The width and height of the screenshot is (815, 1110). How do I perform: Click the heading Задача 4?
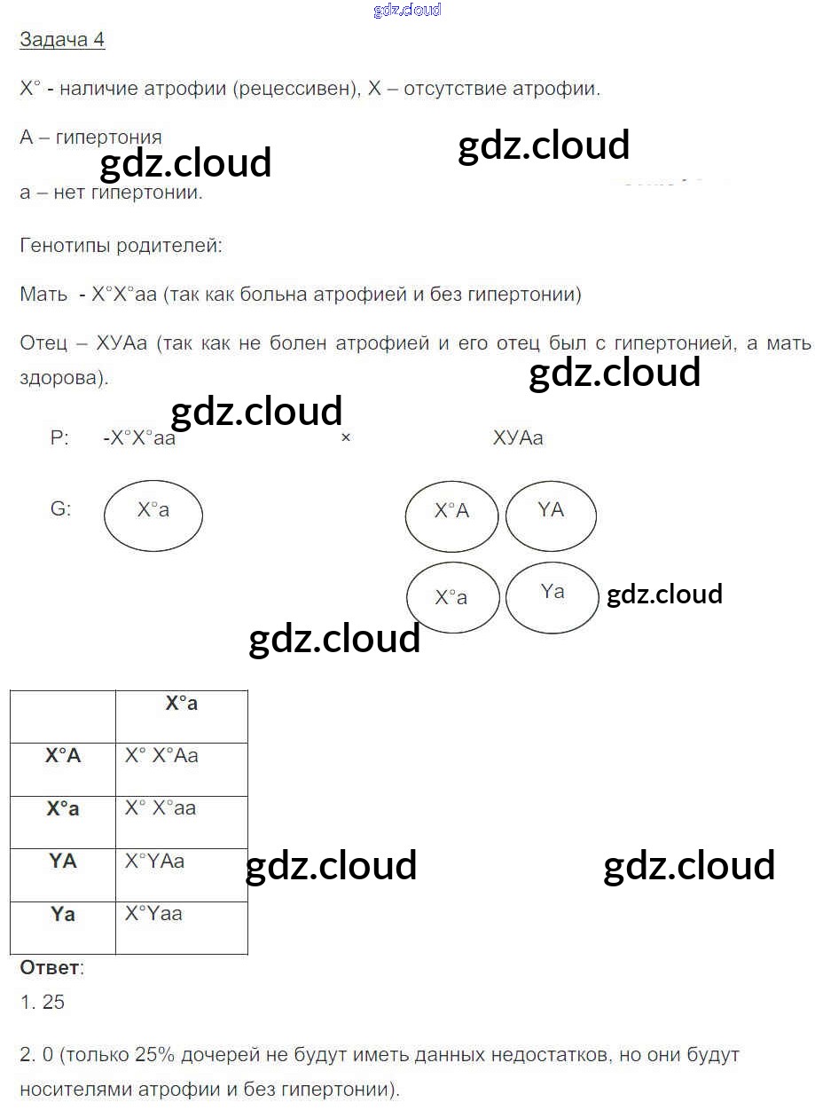tap(62, 40)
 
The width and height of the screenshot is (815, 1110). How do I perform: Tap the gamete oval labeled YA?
tap(551, 516)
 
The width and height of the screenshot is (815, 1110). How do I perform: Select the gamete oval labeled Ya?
tap(552, 597)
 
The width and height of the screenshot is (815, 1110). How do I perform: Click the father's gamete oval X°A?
tap(451, 516)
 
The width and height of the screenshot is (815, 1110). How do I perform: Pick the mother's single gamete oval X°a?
tap(153, 516)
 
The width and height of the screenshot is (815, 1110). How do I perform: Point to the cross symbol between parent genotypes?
tap(346, 437)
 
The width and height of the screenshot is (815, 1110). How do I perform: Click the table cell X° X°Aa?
tap(161, 756)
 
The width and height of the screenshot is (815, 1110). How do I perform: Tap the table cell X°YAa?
tap(154, 861)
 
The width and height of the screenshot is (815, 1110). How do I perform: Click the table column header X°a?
tap(182, 704)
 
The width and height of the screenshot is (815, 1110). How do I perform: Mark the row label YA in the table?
tap(63, 861)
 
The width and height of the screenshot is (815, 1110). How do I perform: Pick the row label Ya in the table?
tap(63, 913)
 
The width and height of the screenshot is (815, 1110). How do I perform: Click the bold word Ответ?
tap(50, 967)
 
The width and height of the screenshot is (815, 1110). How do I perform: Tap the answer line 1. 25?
tap(43, 1003)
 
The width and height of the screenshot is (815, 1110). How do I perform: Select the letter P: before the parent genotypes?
tap(59, 438)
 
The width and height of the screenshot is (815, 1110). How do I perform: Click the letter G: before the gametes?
tap(61, 510)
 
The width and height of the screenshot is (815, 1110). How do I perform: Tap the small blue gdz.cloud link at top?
tap(407, 11)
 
